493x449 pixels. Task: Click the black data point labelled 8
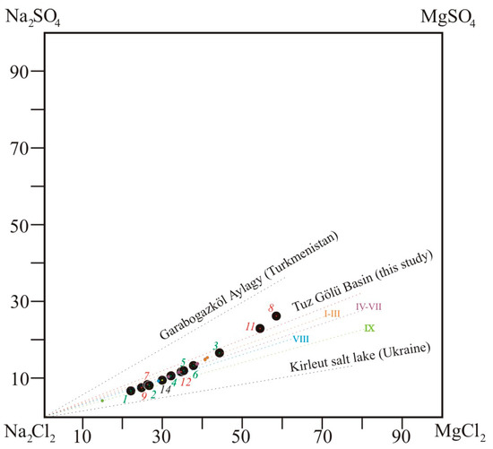point(276,316)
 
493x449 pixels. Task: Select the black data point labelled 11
point(260,329)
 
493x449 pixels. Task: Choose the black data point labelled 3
point(220,353)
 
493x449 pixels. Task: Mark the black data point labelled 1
point(131,391)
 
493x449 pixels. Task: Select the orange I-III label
point(332,314)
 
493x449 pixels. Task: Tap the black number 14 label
point(166,389)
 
